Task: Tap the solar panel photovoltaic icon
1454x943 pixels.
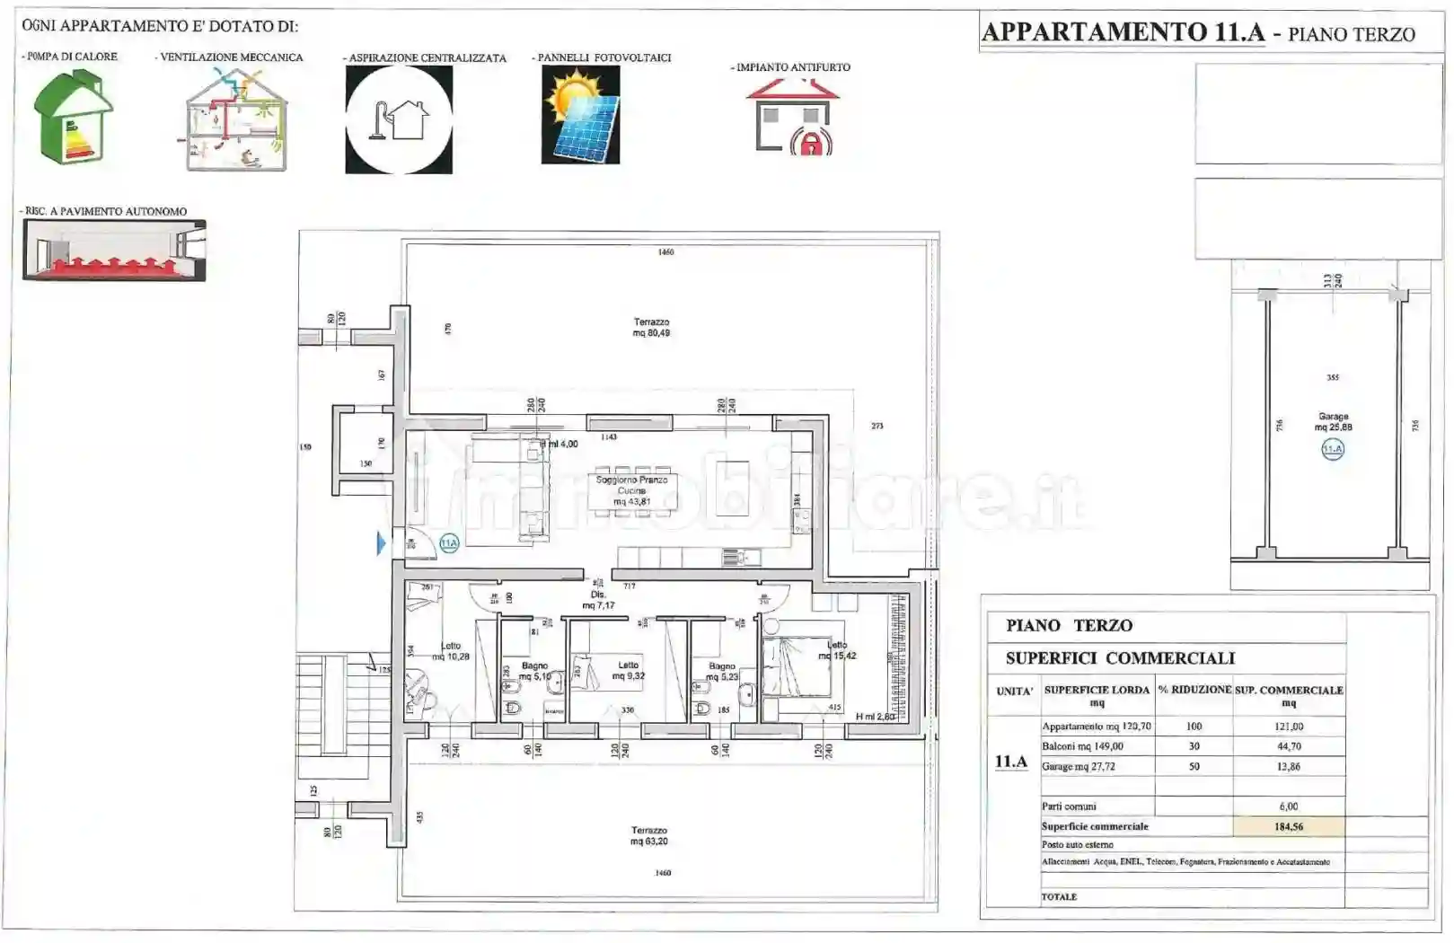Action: [580, 115]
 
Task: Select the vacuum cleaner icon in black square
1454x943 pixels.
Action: [399, 119]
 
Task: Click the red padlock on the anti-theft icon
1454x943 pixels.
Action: [811, 142]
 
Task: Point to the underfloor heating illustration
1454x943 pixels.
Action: [114, 251]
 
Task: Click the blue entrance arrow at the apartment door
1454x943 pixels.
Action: [382, 543]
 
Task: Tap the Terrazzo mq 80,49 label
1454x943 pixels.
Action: [651, 328]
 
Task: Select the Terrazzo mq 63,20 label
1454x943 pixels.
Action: [648, 836]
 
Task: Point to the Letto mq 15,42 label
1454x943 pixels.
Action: [836, 650]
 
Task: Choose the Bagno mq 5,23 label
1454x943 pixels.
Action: [721, 672]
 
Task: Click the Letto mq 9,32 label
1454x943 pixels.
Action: [628, 671]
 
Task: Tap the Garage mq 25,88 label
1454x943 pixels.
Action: [1333, 422]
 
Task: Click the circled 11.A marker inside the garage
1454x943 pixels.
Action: [1333, 449]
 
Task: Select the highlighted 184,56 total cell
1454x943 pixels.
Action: [1289, 827]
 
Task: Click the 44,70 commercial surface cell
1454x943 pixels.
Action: [1289, 746]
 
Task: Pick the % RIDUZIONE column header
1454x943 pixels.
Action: [1194, 690]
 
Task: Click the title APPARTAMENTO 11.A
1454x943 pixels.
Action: [1123, 32]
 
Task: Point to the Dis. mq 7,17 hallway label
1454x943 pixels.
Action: [598, 600]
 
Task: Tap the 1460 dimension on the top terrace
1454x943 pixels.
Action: [665, 252]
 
